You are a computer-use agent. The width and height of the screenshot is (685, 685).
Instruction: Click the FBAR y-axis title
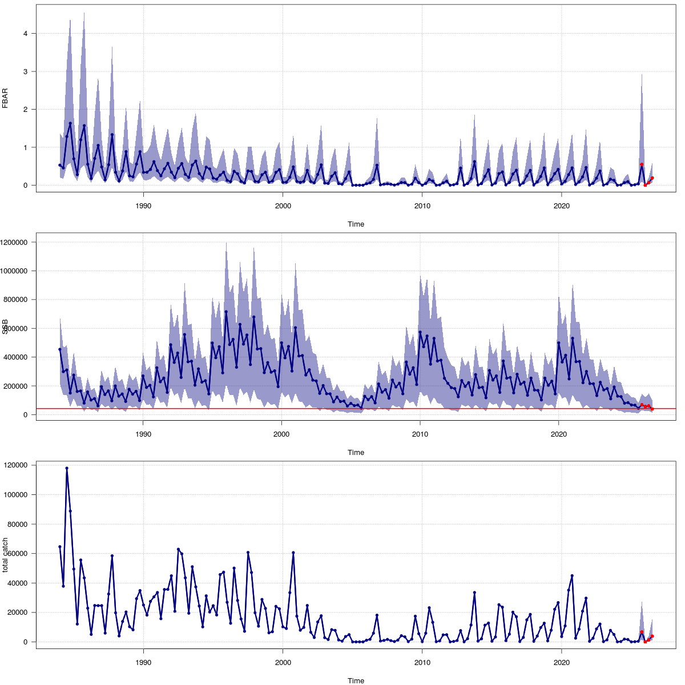click(x=6, y=98)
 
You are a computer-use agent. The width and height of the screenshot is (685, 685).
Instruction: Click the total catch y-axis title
click(x=6, y=555)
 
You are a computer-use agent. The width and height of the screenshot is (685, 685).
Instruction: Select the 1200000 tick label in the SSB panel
click(x=16, y=242)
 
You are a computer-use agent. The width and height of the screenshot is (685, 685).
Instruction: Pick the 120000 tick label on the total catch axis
click(x=18, y=465)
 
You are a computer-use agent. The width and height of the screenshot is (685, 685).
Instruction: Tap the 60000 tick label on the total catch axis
click(x=19, y=554)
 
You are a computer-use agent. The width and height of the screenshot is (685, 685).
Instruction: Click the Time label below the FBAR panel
click(x=356, y=224)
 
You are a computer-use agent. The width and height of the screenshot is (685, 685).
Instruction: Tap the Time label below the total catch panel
click(x=356, y=680)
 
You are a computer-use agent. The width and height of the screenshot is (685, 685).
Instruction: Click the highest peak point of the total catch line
click(x=67, y=468)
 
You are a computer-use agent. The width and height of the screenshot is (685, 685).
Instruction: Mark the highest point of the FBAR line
click(x=70, y=123)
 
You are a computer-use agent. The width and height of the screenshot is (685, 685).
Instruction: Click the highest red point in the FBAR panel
click(x=642, y=164)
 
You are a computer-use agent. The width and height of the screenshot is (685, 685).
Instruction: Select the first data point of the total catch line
click(x=60, y=547)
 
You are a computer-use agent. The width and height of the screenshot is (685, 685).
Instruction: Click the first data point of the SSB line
click(x=60, y=349)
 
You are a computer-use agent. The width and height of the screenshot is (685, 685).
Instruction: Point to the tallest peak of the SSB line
click(x=226, y=312)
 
